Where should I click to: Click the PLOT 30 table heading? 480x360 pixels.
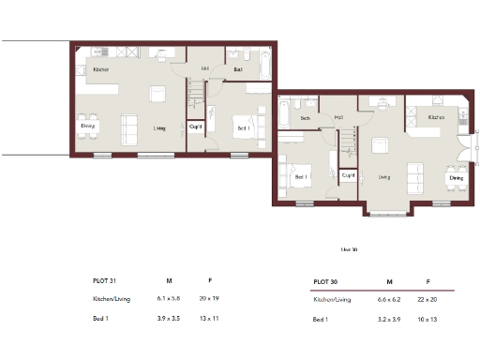point(325,281)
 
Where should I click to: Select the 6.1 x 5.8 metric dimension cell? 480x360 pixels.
point(170,299)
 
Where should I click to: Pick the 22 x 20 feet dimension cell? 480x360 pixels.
point(427,300)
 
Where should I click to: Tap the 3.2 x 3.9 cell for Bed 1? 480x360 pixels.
point(389,322)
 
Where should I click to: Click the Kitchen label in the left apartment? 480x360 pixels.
point(100,69)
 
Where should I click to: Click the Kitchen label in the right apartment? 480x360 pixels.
point(436,117)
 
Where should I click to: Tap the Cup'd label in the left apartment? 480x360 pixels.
point(196,126)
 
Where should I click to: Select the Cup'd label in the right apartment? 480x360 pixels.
point(348,175)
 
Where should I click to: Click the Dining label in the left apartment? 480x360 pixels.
point(87,126)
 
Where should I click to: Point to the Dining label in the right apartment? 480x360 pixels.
point(456,177)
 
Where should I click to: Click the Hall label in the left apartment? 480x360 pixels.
point(205,68)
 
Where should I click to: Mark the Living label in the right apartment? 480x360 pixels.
point(383,175)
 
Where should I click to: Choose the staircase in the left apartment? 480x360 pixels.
point(196,94)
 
